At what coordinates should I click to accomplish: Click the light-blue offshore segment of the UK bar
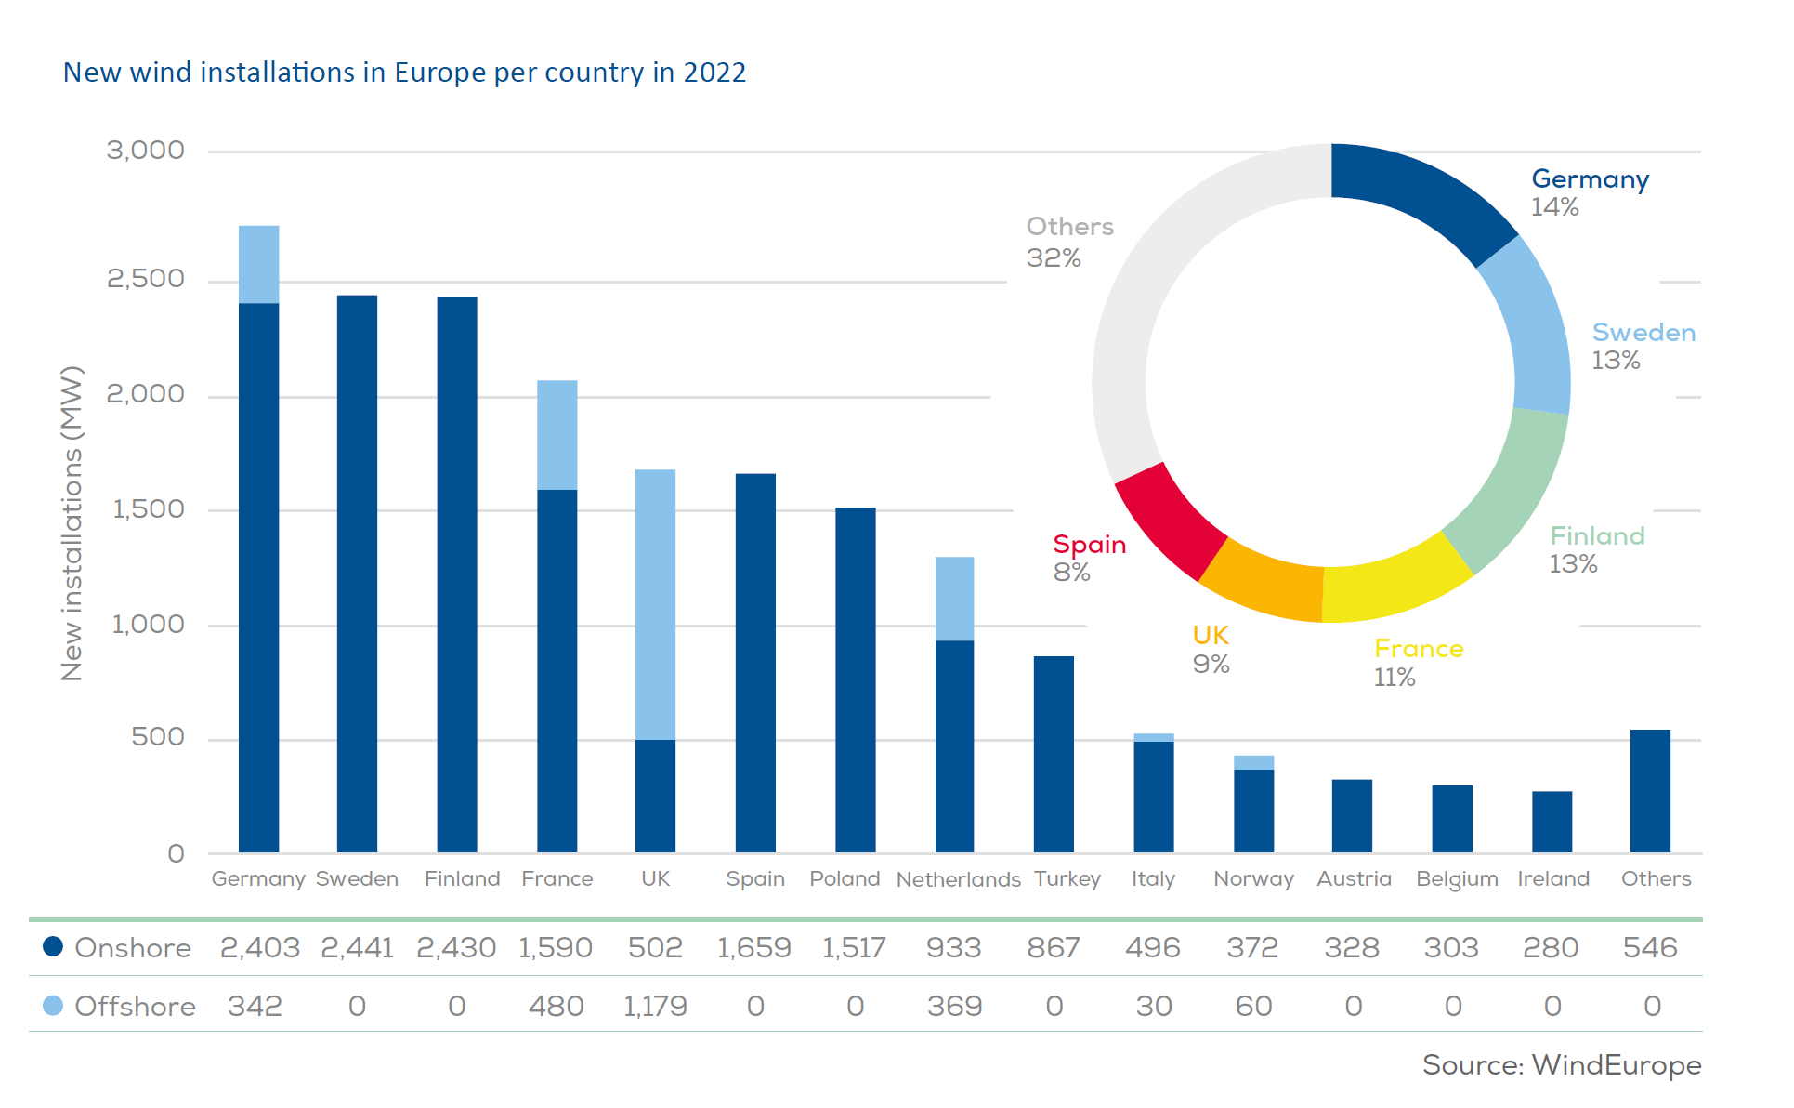(655, 604)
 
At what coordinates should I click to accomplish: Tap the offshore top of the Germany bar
(258, 264)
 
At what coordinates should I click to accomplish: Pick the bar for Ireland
(1552, 822)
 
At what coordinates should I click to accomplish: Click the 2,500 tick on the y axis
(145, 279)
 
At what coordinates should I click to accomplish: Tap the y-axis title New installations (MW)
(72, 523)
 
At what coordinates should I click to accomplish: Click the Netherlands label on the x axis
(958, 879)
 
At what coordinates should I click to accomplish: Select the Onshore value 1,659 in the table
(753, 948)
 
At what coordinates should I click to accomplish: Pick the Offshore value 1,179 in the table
(655, 1007)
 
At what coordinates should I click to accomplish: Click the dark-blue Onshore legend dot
(53, 947)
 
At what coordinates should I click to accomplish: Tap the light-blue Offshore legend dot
(53, 1006)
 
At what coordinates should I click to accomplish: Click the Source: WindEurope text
(1561, 1065)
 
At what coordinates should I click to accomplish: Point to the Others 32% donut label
(1068, 242)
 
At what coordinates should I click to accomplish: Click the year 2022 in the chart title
(714, 73)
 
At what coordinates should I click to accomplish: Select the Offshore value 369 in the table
(954, 1007)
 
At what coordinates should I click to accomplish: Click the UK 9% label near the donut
(1211, 649)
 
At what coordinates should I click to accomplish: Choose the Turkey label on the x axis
(1067, 879)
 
